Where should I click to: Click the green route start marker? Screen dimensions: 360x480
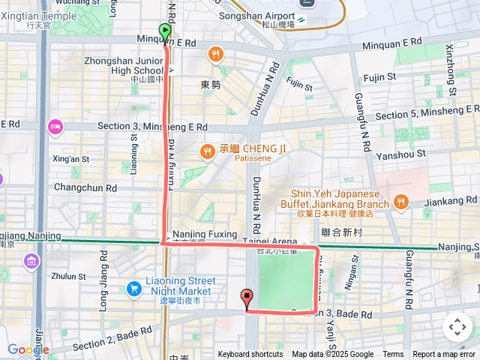tap(165, 31)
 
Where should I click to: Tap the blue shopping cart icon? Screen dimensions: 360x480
tap(135, 288)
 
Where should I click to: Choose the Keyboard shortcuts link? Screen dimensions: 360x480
tap(250, 355)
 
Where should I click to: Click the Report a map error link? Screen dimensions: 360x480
tap(445, 355)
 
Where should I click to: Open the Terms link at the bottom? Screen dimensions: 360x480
tap(393, 355)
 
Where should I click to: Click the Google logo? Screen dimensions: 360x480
tap(27, 349)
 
